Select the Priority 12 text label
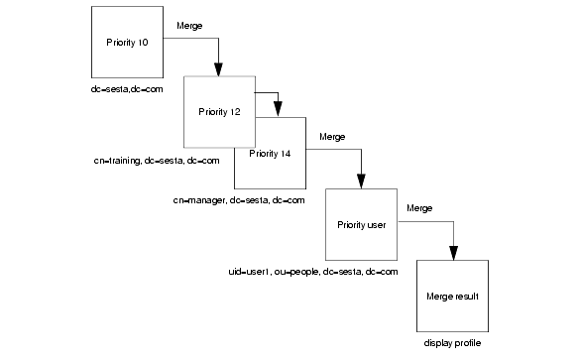click(x=219, y=112)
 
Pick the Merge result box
click(x=453, y=296)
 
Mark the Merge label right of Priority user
click(x=419, y=208)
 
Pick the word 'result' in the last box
click(x=467, y=296)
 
